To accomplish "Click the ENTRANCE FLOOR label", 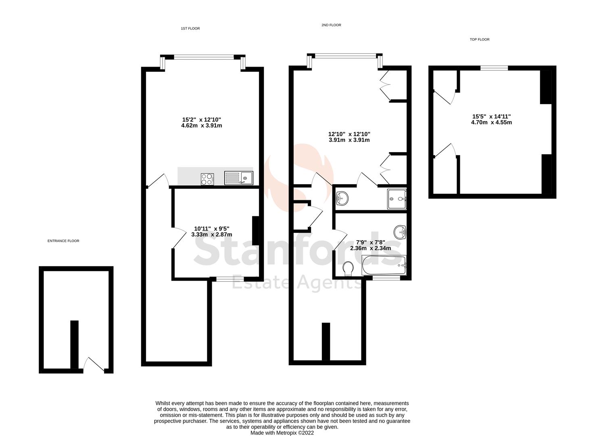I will point(63,241).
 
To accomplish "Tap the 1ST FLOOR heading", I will point(190,29).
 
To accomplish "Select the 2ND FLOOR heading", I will point(331,25).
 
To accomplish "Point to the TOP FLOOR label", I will point(480,40).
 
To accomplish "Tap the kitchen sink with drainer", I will point(238,178).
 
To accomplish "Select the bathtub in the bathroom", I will point(384,265).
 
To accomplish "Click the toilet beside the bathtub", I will point(348,269).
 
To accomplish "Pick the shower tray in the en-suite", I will point(397,199).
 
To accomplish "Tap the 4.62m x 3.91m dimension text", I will point(202,126).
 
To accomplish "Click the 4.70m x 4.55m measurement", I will point(491,122).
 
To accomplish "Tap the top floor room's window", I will point(494,68).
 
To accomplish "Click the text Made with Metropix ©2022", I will point(282,433).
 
